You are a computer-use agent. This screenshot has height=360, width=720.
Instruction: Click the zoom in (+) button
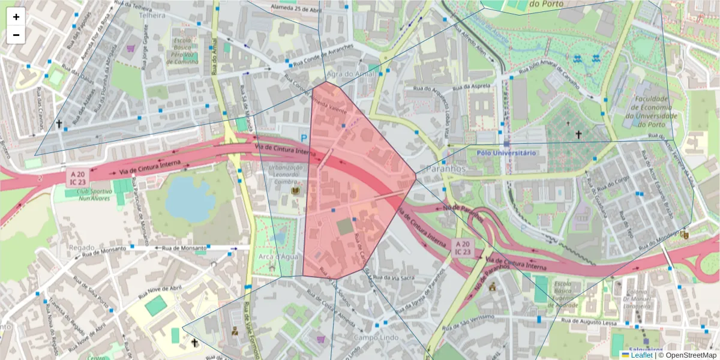point(16,17)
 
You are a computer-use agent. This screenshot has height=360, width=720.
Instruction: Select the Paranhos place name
point(445,169)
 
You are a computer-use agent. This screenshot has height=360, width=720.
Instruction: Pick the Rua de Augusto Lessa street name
point(589,323)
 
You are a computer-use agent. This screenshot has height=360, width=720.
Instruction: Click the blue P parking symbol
point(304,139)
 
